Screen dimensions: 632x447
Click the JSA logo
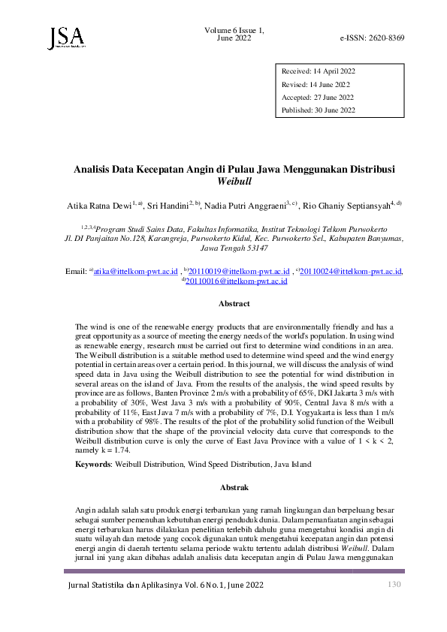click(x=65, y=38)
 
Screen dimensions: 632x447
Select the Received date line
click(x=318, y=71)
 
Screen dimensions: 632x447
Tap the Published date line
click(x=319, y=110)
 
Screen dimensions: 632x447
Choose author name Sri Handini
click(x=171, y=205)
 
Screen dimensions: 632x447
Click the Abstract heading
click(x=234, y=304)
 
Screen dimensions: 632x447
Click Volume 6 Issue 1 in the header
click(x=234, y=29)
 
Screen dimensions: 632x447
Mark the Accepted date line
click(x=318, y=98)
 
